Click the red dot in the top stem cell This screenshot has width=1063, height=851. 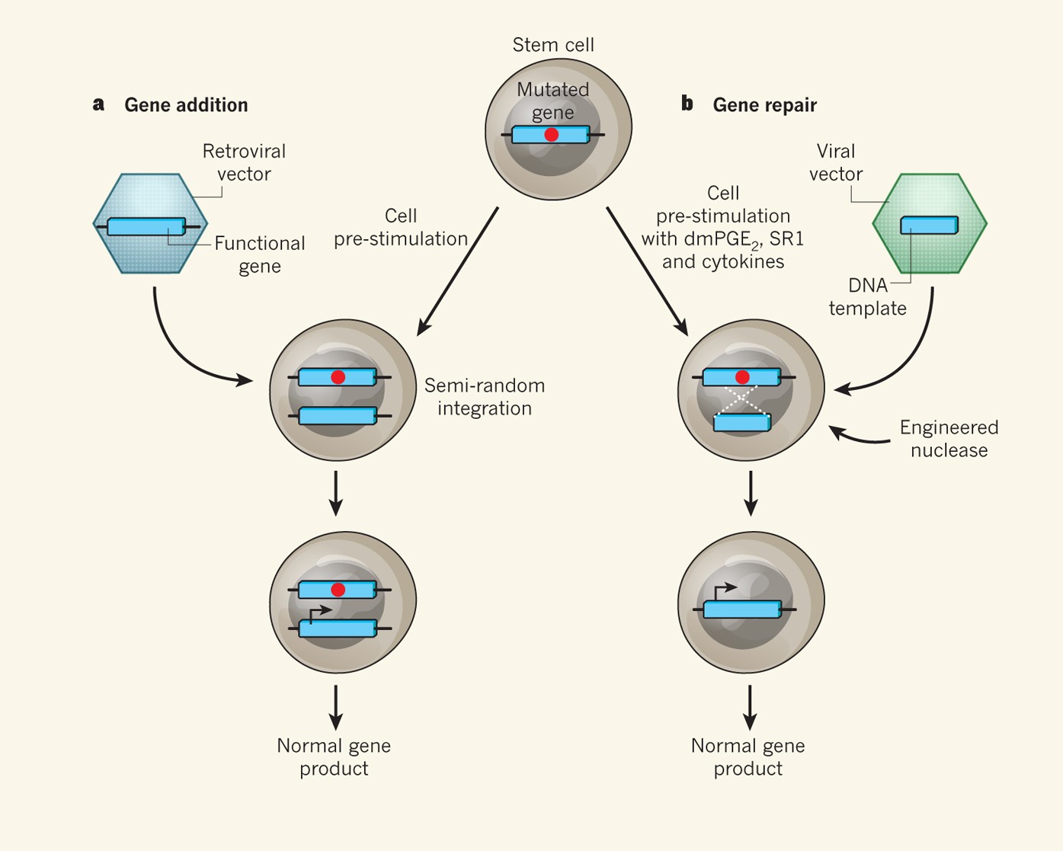pos(551,135)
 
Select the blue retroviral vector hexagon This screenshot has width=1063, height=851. pos(150,251)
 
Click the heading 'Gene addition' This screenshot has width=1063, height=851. pos(186,105)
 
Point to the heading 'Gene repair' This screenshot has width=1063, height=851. pos(764,105)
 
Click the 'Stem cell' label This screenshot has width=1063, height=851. pos(553,45)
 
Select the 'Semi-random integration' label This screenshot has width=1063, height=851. pos(485,397)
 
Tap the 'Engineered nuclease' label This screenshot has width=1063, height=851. pos(949,439)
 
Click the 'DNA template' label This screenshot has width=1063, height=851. pos(868,297)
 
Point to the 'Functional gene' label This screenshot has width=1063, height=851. pos(259,254)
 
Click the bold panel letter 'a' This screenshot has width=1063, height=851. pos(98,104)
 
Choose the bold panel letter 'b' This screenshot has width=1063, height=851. pos(687,104)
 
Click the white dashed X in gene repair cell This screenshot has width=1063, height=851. pos(741,398)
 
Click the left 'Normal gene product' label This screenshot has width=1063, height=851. pos(334,757)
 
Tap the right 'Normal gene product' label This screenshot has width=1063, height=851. pos(748,757)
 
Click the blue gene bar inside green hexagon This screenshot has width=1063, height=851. pos(929,226)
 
